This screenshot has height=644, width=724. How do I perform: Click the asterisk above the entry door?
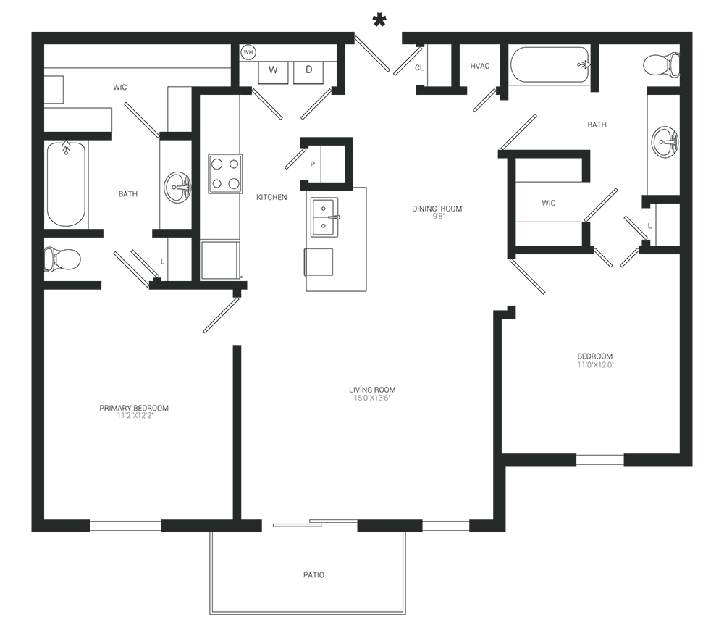tap(379, 21)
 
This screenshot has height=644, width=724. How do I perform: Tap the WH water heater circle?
tap(248, 52)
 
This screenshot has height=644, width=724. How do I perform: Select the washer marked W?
tap(273, 71)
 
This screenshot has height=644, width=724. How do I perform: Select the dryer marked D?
tap(308, 71)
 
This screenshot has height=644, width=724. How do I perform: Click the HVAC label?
tap(480, 66)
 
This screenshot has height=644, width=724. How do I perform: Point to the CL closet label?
tap(419, 68)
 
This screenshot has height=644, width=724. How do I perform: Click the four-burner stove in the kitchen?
tap(225, 174)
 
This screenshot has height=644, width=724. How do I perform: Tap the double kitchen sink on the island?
tap(324, 217)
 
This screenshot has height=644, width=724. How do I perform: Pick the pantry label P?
tap(313, 164)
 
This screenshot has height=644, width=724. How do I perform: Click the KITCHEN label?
tap(271, 197)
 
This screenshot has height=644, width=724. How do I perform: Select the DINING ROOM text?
tap(437, 209)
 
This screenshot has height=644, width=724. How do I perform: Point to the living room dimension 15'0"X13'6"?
tap(372, 398)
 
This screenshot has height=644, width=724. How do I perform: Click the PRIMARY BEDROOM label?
tap(134, 408)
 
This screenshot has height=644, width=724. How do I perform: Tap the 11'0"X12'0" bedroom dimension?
tap(595, 364)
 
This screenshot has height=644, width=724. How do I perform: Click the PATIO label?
tap(313, 575)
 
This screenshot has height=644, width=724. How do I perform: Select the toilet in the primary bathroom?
tap(62, 259)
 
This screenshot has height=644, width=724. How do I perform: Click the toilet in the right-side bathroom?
tap(661, 64)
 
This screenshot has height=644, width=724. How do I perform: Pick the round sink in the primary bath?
tap(177, 187)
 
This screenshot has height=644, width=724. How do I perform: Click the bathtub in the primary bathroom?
tap(66, 183)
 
